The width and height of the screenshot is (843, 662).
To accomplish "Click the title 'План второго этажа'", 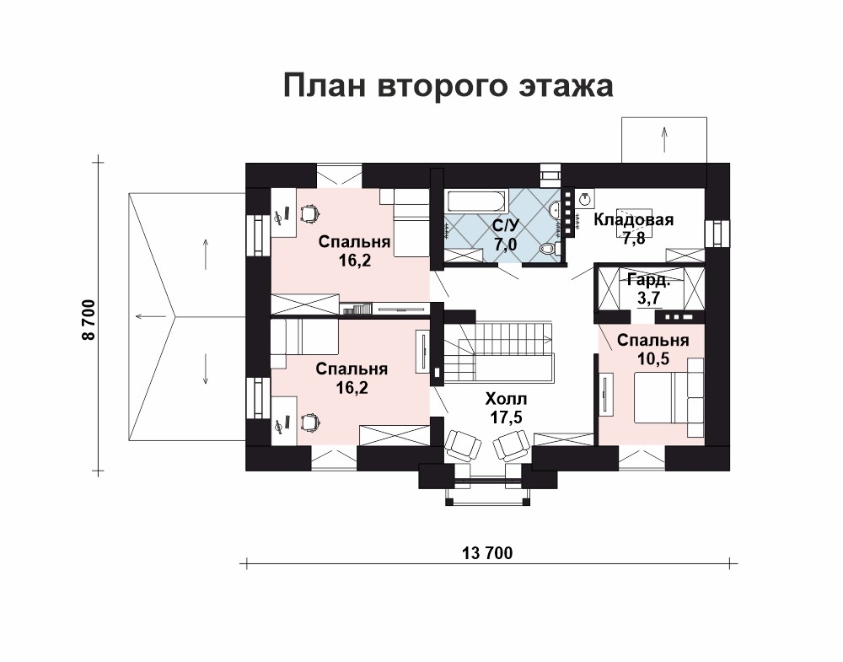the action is click(448, 85).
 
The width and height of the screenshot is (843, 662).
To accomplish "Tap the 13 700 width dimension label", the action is click(487, 552).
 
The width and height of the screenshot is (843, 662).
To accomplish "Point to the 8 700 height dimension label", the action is click(89, 320).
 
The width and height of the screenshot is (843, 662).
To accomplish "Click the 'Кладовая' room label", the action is click(633, 219).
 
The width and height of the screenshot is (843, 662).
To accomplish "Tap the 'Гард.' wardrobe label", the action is click(649, 280).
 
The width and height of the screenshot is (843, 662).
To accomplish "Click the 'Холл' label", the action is click(506, 399).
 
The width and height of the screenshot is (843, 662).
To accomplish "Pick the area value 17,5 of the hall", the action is click(506, 417).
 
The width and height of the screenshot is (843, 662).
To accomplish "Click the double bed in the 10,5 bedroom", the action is click(661, 399).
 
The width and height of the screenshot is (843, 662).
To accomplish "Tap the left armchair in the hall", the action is click(464, 444).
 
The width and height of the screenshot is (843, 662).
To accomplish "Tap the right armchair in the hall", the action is click(512, 445).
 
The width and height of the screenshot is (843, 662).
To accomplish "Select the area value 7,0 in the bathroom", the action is click(505, 245).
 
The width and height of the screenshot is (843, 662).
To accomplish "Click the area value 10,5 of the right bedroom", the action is click(652, 358).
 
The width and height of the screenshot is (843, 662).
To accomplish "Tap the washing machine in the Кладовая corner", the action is click(585, 199).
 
